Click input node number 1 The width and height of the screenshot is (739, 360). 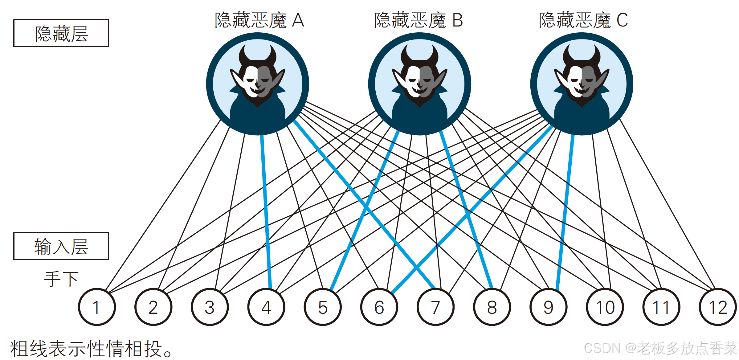click(x=97, y=307)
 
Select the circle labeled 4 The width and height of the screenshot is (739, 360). click(x=266, y=307)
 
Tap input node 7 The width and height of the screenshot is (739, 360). click(x=435, y=307)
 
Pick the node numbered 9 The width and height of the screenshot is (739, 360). click(x=549, y=307)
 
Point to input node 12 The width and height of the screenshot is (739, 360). click(x=718, y=307)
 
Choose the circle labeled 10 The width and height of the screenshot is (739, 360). click(x=605, y=307)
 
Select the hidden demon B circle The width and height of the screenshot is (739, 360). click(x=419, y=84)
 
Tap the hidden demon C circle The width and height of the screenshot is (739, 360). click(x=582, y=84)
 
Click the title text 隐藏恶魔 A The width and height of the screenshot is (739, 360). click(x=259, y=20)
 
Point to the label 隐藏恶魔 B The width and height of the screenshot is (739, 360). click(x=418, y=20)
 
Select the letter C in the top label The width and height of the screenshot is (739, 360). click(x=622, y=20)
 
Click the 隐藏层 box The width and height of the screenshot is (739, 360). click(x=61, y=33)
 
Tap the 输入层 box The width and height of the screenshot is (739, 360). click(x=61, y=246)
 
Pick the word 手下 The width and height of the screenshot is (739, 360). click(x=61, y=279)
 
